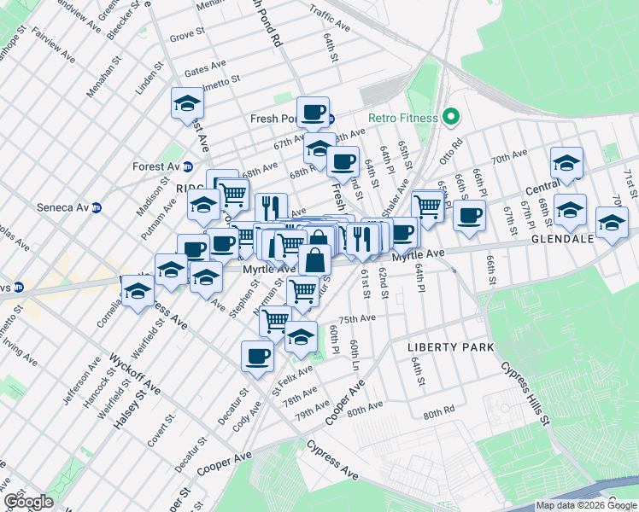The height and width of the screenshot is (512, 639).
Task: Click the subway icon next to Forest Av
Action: pos(188,167)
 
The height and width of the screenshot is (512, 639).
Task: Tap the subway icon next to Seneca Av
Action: pos(97,207)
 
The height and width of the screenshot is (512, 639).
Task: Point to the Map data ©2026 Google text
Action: pos(586,505)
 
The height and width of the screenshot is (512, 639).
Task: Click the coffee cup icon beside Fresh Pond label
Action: pos(313,111)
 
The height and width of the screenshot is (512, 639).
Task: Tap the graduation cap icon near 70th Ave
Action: pos(566,161)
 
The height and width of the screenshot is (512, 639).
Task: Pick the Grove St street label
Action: pos(187,37)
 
